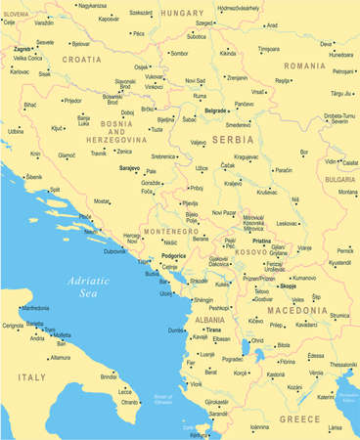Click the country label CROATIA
tap(81, 59)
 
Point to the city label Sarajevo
tap(128, 168)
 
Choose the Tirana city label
tap(211, 330)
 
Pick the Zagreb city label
tap(22, 48)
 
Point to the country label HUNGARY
tap(181, 13)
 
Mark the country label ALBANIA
tap(209, 320)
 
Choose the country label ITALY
tap(30, 375)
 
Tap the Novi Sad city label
tap(195, 81)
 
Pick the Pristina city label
tap(260, 240)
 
